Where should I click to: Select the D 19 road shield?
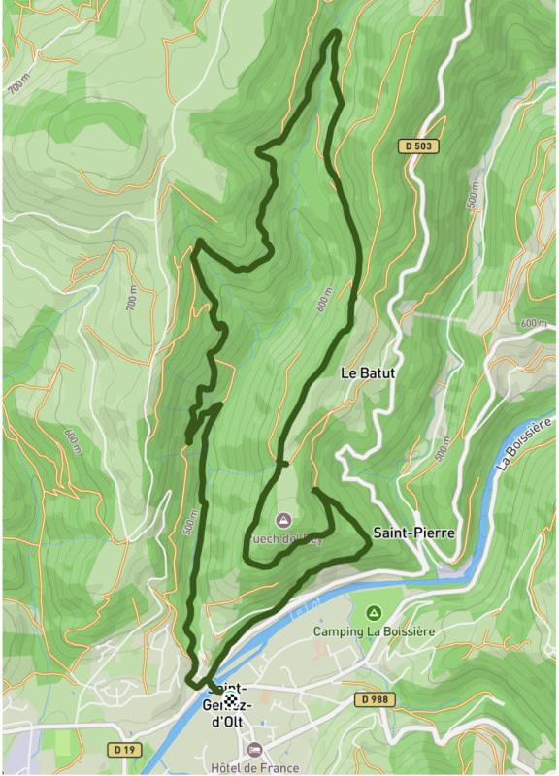[x=121, y=749]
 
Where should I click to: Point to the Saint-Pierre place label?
[x=413, y=533]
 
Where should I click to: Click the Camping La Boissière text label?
[x=374, y=631]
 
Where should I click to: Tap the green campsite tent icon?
[x=374, y=613]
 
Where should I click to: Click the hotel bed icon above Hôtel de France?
[x=254, y=750]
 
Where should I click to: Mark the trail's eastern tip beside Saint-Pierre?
[x=370, y=549]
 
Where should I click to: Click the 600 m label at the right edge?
[x=533, y=323]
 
